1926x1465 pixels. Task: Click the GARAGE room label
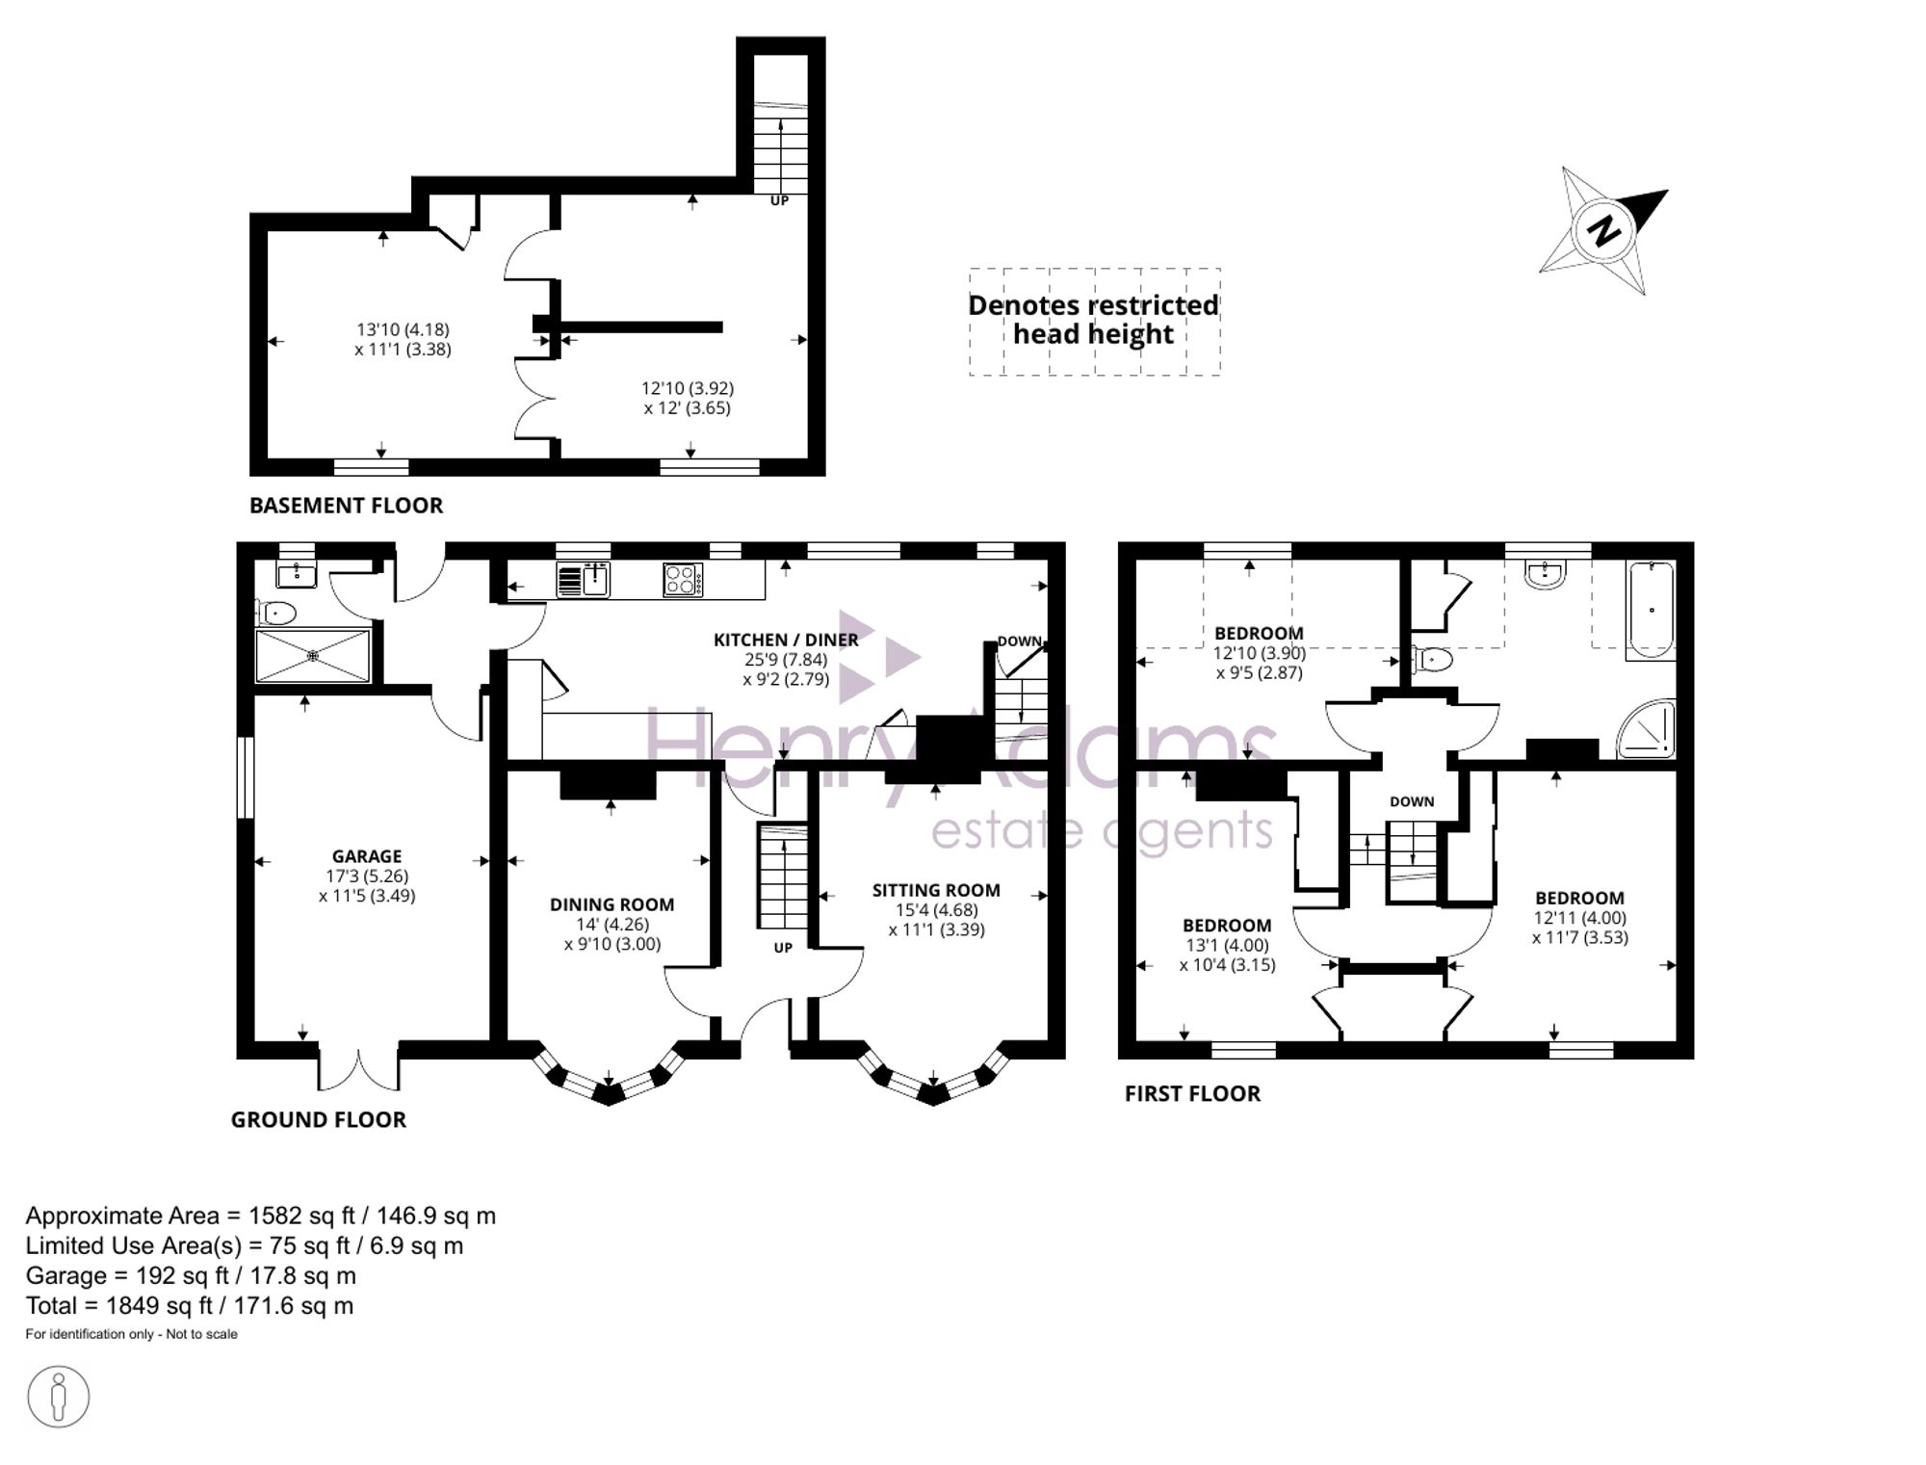click(367, 856)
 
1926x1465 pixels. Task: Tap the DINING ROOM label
click(612, 904)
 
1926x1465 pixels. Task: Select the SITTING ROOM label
click(936, 890)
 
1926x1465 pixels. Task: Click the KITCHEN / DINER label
click(786, 640)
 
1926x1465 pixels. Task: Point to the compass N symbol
click(1603, 231)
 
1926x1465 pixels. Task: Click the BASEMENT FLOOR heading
click(346, 506)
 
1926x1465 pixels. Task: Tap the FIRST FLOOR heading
click(1192, 1093)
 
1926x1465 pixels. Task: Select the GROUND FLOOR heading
click(318, 1119)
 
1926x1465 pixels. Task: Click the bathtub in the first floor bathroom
click(1651, 610)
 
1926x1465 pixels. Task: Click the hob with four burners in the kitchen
click(683, 580)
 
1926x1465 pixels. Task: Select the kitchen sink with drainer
click(584, 580)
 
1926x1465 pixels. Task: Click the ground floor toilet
click(276, 612)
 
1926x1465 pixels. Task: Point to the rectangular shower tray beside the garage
click(313, 656)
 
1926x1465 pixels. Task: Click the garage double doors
click(358, 1066)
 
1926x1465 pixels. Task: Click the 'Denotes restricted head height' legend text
click(1094, 320)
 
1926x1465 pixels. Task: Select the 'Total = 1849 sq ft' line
click(190, 1306)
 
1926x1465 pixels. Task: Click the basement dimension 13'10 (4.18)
click(403, 329)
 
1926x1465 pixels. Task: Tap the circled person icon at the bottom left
click(59, 1397)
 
